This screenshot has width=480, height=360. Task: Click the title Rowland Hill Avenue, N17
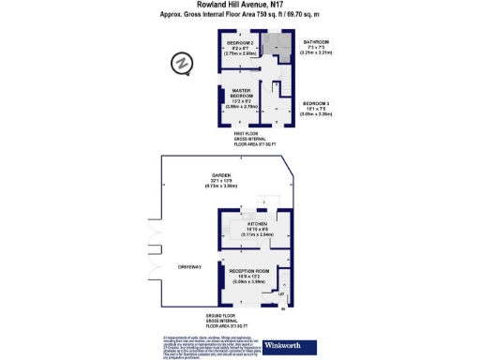point(239,6)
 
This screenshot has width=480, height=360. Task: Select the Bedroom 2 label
point(240,49)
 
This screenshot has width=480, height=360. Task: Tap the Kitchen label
point(258,226)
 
